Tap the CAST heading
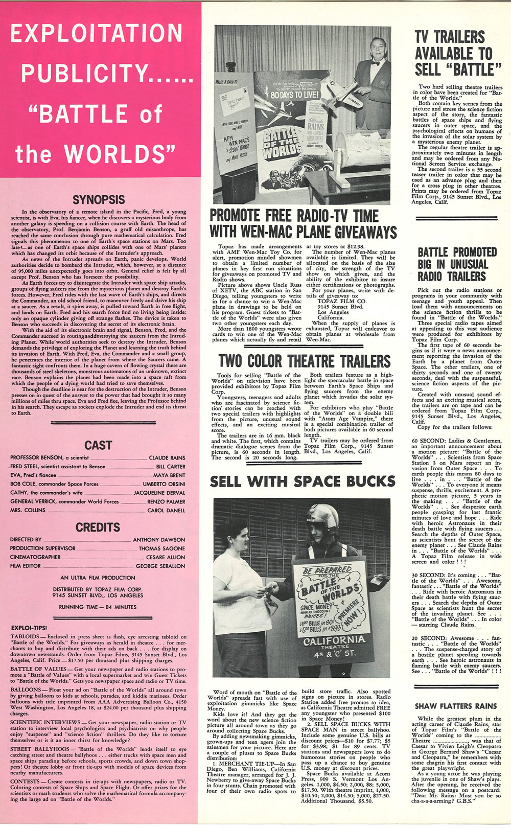[98, 445]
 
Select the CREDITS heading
[98, 527]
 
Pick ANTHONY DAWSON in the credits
[159, 540]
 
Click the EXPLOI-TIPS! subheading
[29, 628]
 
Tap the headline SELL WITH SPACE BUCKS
[303, 481]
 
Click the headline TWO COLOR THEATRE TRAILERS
[304, 361]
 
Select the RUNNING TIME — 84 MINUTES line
[98, 607]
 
